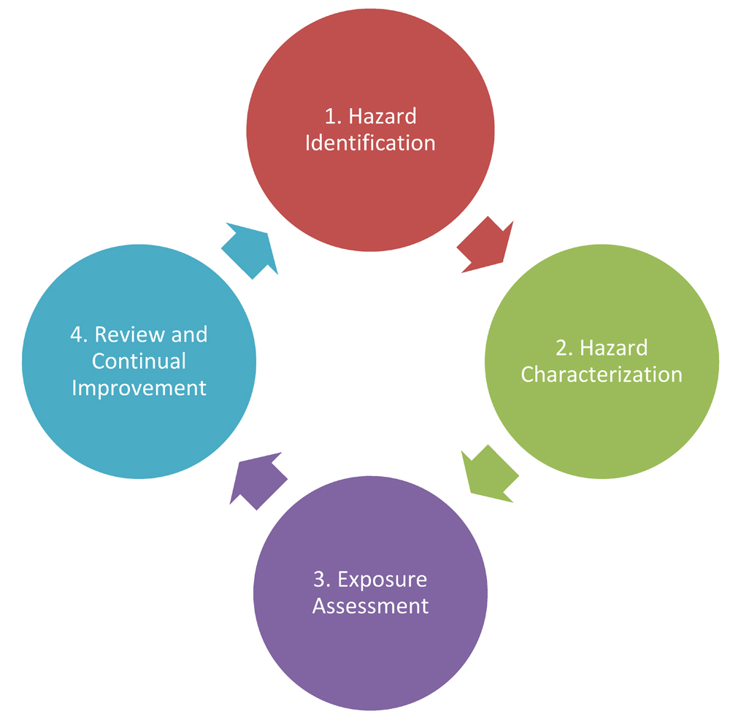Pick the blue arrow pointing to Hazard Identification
(249, 249)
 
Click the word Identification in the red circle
(370, 142)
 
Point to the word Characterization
(602, 375)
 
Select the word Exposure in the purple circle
(383, 580)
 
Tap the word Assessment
(370, 606)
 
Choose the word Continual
(139, 361)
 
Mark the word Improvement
(139, 387)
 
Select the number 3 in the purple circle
(319, 580)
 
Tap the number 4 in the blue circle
(77, 334)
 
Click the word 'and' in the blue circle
(188, 334)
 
